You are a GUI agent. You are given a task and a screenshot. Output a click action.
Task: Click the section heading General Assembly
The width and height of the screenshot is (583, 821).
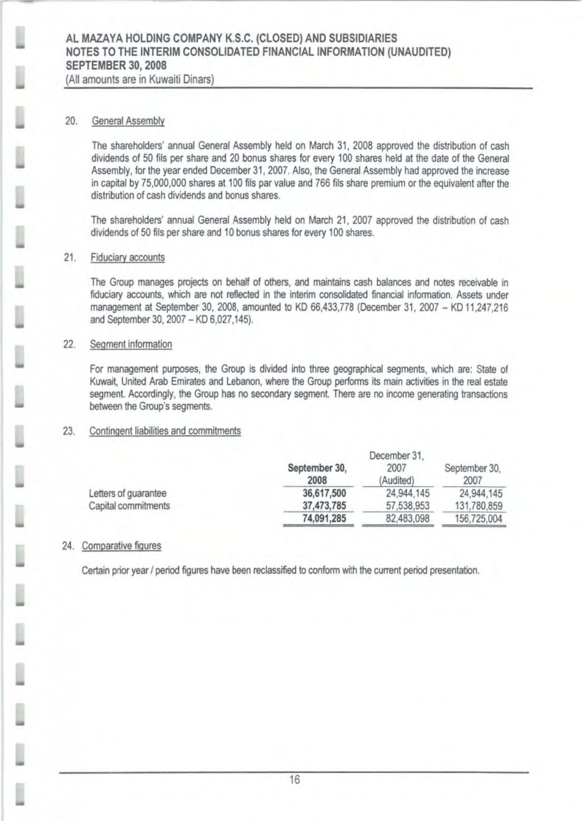click(128, 120)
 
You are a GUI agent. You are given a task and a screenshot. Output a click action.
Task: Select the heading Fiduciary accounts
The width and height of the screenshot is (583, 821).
click(128, 257)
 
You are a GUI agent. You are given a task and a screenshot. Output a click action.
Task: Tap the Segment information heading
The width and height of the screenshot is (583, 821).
click(131, 344)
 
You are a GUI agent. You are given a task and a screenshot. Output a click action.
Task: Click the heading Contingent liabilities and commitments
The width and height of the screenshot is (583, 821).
click(165, 431)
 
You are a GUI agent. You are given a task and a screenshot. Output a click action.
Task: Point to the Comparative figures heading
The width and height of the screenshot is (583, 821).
click(122, 545)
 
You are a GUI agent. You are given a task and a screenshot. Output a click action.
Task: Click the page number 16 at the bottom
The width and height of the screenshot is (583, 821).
click(294, 780)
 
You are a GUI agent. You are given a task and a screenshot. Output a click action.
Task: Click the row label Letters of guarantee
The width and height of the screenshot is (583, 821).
click(128, 493)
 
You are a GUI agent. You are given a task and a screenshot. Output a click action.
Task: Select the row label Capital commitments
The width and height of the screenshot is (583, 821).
click(130, 506)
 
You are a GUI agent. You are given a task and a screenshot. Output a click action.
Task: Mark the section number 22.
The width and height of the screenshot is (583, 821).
click(70, 344)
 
